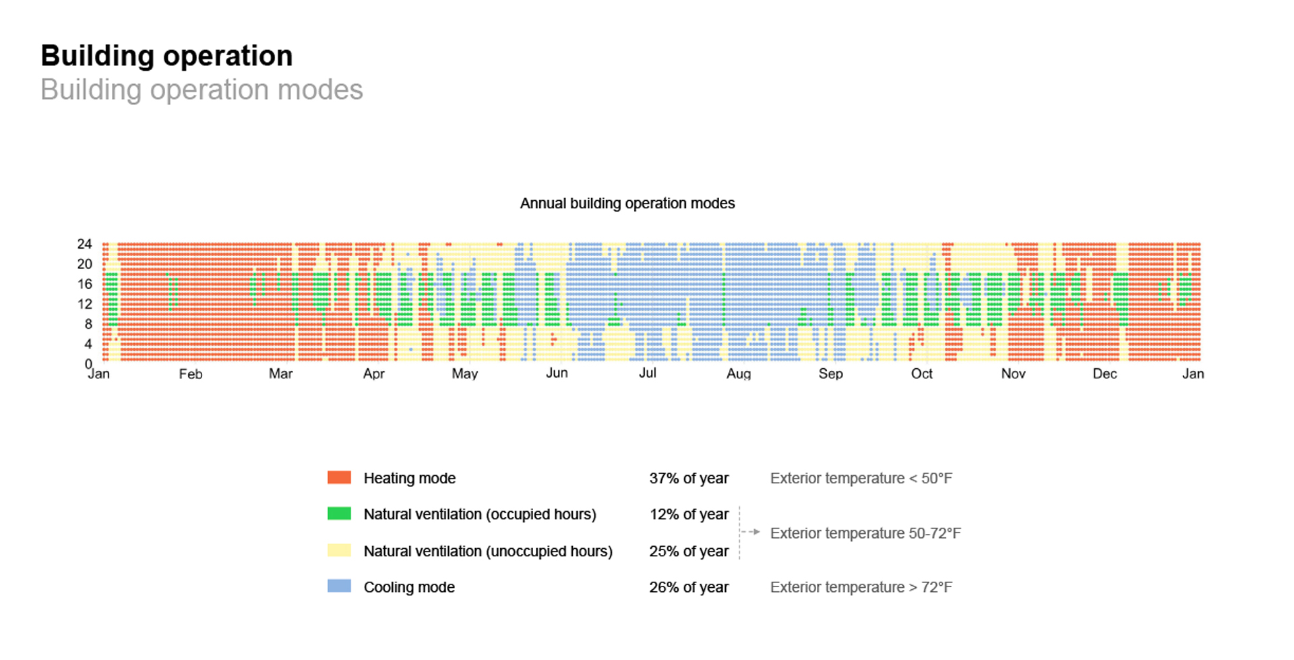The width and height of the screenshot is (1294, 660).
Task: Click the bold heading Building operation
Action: pos(166,56)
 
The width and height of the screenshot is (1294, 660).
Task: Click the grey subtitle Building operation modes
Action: pos(202,90)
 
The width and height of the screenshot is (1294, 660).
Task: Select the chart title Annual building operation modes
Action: pos(627,204)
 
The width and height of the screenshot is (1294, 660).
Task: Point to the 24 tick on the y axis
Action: pos(84,244)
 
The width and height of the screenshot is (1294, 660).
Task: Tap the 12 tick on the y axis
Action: pos(84,304)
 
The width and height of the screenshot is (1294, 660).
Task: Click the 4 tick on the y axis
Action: pos(88,344)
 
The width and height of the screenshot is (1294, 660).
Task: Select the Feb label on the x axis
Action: pos(190,374)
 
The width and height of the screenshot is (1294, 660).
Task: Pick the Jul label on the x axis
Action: pos(647,373)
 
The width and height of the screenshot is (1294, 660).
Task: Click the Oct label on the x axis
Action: pos(921,374)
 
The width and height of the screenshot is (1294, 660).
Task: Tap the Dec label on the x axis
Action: pos(1104,374)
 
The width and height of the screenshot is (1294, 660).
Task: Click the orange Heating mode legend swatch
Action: pos(339,478)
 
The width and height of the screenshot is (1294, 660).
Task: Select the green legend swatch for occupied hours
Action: pos(339,514)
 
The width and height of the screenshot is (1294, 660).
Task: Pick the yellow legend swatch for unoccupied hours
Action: pos(339,551)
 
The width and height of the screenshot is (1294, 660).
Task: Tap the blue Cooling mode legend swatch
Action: pos(339,587)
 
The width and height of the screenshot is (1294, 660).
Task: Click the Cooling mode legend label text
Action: pos(409,587)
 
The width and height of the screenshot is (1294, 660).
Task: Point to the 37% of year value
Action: pos(688,479)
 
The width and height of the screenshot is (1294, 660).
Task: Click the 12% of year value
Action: pos(688,514)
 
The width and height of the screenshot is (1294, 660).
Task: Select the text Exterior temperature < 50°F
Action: pos(861,479)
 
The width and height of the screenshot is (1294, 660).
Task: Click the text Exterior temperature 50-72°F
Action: pos(865,533)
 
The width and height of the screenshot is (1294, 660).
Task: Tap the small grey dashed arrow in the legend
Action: pos(751,532)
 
